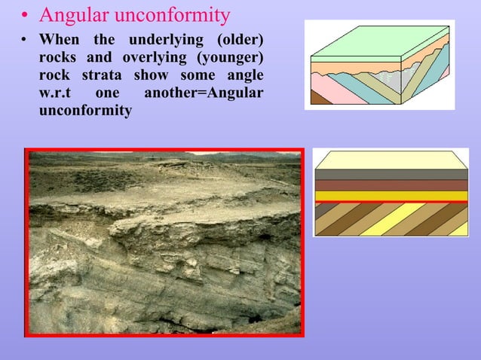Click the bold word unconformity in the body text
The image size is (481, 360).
click(x=85, y=111)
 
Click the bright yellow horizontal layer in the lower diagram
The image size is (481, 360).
click(x=391, y=197)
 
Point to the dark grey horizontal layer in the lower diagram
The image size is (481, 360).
click(x=391, y=175)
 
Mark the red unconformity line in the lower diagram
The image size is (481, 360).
click(x=391, y=203)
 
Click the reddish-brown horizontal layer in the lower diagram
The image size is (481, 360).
click(x=391, y=185)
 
